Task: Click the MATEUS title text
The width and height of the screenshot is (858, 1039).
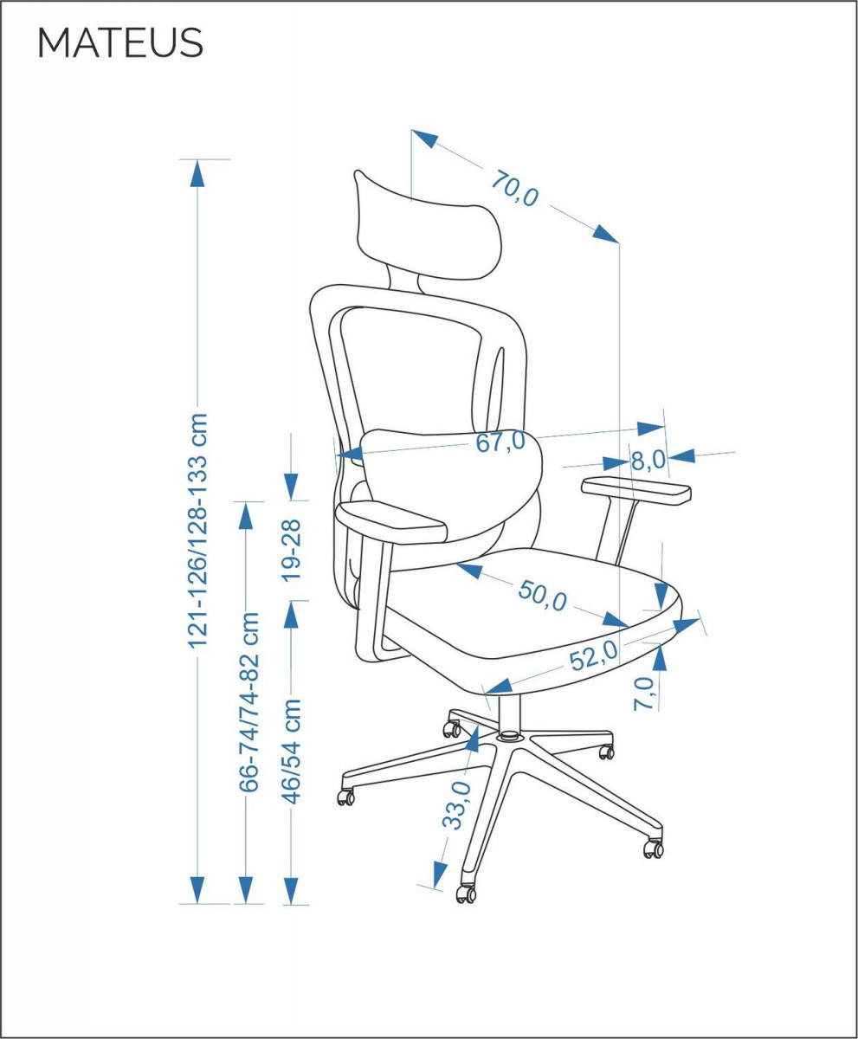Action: (120, 43)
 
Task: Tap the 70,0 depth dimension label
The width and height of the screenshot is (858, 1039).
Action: (514, 189)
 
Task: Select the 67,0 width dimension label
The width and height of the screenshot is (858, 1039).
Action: (500, 442)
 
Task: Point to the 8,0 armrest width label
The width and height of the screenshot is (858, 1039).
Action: (648, 460)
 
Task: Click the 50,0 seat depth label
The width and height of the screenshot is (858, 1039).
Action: (542, 596)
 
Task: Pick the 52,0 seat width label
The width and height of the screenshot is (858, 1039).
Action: (594, 656)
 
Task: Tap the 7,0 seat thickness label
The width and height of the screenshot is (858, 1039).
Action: (643, 694)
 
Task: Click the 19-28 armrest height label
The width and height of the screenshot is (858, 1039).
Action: (291, 550)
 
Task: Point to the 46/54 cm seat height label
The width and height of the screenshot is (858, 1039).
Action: (292, 752)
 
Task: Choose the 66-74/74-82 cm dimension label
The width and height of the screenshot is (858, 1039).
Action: (248, 701)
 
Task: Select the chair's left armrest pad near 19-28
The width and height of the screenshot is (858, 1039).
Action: (390, 522)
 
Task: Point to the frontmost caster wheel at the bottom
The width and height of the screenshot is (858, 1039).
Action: (467, 894)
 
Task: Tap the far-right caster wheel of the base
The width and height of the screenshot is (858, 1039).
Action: (653, 849)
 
